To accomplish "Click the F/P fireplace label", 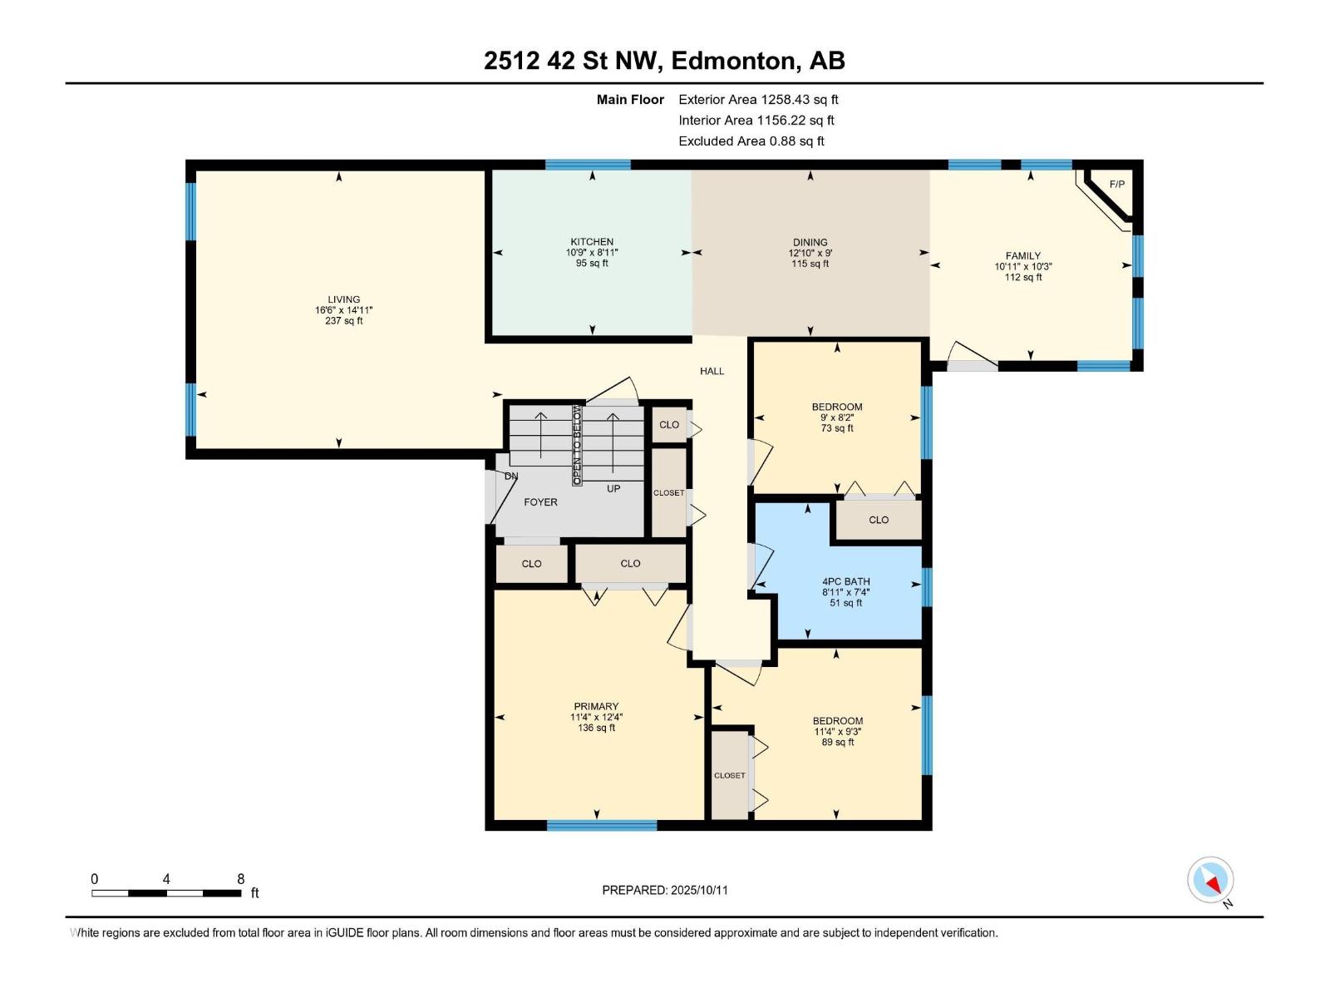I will point(1116,184).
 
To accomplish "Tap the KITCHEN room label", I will point(592,242).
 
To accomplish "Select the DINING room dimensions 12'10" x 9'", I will point(810,253).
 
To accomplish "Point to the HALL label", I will point(712,371).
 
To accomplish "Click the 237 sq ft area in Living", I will point(343,321).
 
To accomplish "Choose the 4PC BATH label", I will point(845,582).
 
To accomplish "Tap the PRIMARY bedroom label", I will point(596,707).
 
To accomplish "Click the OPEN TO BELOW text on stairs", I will point(576,445).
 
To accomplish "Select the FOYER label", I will point(540,502).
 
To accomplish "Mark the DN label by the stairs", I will point(511,477).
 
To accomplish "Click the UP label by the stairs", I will point(613,489).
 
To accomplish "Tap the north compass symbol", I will point(1211,880).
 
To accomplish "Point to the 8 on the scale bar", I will point(241,879).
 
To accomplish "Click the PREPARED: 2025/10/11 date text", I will point(665,890).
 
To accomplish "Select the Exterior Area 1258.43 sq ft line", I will point(758,100).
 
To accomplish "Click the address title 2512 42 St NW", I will point(664,61).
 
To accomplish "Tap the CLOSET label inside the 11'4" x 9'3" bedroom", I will point(730,775).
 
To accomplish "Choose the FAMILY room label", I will point(1022,256).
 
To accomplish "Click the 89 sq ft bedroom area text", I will point(838,743).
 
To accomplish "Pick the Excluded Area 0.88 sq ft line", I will point(751,141).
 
